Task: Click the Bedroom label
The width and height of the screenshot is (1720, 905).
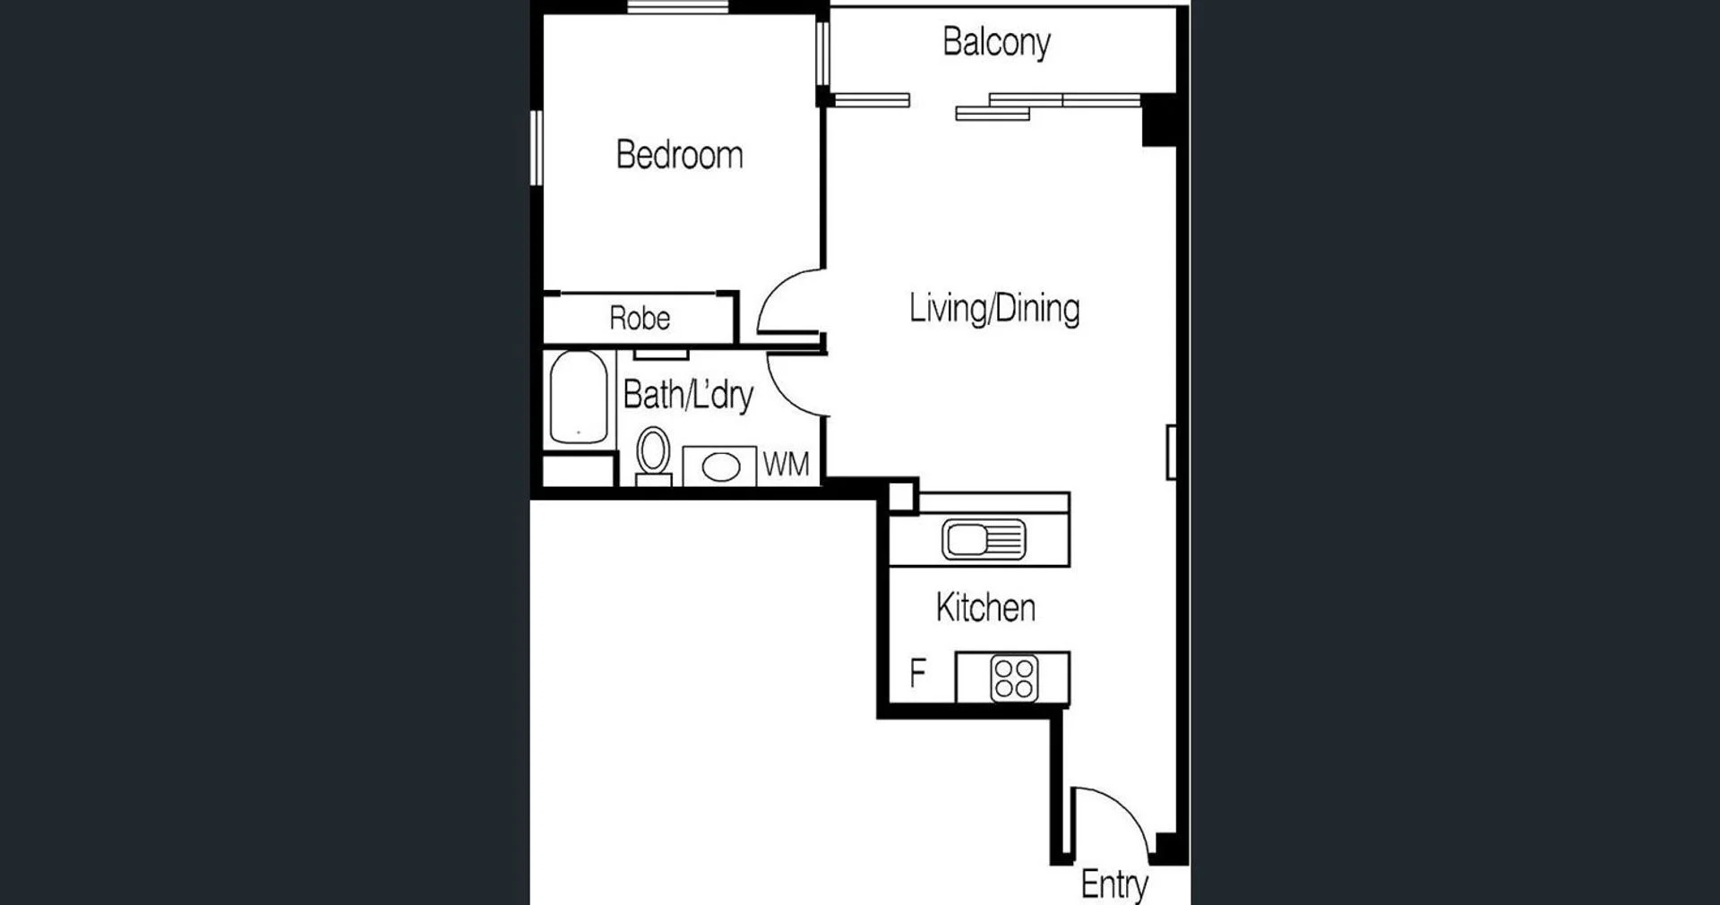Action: pyautogui.click(x=679, y=155)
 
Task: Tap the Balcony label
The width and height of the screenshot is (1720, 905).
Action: pyautogui.click(x=996, y=42)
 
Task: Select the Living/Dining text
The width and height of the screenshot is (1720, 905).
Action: pyautogui.click(x=993, y=309)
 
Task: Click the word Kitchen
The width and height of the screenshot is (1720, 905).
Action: pyautogui.click(x=985, y=608)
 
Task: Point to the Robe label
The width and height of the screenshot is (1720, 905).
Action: pyautogui.click(x=640, y=319)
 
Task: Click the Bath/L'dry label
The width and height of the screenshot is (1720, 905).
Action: pyautogui.click(x=688, y=395)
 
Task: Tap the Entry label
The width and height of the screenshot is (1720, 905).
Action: pyautogui.click(x=1114, y=884)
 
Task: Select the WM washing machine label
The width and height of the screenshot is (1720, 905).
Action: pyautogui.click(x=786, y=465)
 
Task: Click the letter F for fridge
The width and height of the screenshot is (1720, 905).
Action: pyautogui.click(x=917, y=673)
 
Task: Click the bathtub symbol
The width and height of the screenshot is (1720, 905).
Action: pyautogui.click(x=579, y=398)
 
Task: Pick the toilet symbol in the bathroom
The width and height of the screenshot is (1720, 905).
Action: pyautogui.click(x=653, y=452)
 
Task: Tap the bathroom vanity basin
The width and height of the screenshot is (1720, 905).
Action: pyautogui.click(x=721, y=466)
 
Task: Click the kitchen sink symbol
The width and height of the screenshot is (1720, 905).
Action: pyautogui.click(x=984, y=540)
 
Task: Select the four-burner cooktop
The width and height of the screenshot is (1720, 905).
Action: pyautogui.click(x=1014, y=678)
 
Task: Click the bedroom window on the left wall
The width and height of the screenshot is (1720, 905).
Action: pyautogui.click(x=536, y=148)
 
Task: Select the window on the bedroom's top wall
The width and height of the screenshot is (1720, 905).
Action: pyautogui.click(x=677, y=7)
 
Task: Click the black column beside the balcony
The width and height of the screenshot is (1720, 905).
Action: pyautogui.click(x=1158, y=119)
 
